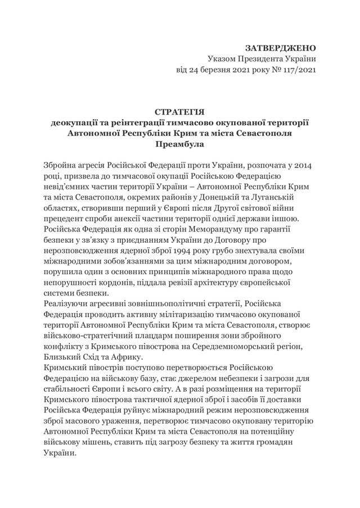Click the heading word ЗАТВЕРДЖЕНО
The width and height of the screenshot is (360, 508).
pos(281,48)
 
